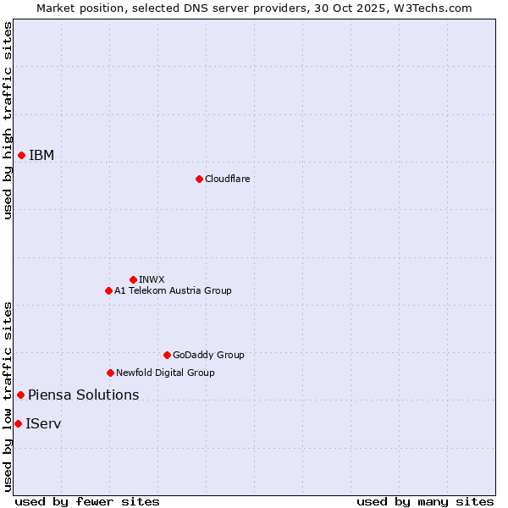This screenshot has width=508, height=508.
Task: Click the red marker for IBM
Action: pyautogui.click(x=21, y=155)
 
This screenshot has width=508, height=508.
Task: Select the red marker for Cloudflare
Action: pyautogui.click(x=199, y=179)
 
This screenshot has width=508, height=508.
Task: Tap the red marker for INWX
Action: pyautogui.click(x=133, y=279)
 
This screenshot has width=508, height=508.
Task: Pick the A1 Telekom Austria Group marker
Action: pyautogui.click(x=108, y=290)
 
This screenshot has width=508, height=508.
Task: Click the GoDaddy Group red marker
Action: pyautogui.click(x=167, y=355)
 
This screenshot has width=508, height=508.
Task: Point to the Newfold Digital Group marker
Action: pyautogui.click(x=110, y=373)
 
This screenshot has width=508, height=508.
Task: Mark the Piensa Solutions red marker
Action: pyautogui.click(x=20, y=395)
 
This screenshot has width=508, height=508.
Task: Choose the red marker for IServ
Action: pyautogui.click(x=18, y=423)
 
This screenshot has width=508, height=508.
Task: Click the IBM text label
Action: pyautogui.click(x=41, y=155)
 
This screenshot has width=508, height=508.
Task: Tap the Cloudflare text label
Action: pyautogui.click(x=227, y=179)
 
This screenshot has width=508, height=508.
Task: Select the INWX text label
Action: pyautogui.click(x=152, y=279)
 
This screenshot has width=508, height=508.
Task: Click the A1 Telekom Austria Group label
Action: pyautogui.click(x=173, y=290)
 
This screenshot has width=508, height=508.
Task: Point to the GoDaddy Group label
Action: pyautogui.click(x=208, y=355)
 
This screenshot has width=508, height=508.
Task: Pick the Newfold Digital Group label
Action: pyautogui.click(x=165, y=373)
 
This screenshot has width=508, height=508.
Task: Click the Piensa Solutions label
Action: pyautogui.click(x=83, y=395)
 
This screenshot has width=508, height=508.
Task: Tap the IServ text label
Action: pyautogui.click(x=43, y=423)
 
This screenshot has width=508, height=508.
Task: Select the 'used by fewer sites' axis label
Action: pyautogui.click(x=87, y=501)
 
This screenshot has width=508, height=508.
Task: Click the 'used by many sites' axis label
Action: pyautogui.click(x=425, y=501)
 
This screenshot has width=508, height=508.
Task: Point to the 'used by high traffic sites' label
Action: pyautogui.click(x=8, y=120)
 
